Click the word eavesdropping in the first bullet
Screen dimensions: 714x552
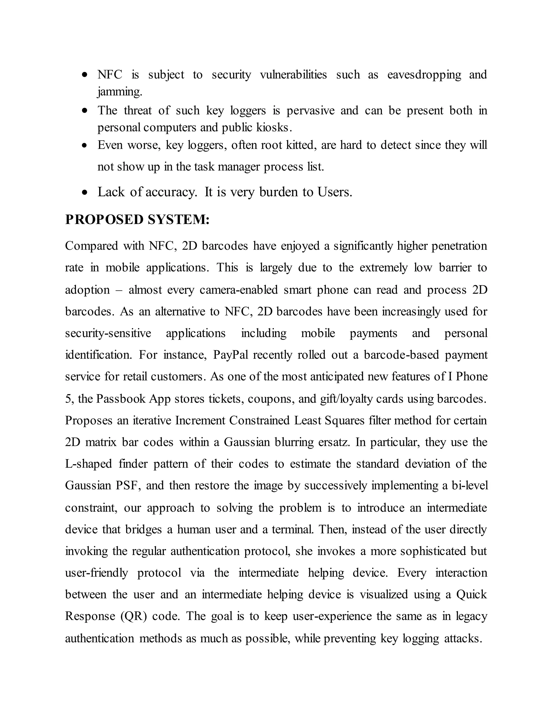pos(424,75)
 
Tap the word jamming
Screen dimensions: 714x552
pos(119,92)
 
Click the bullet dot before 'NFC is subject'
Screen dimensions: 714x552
pos(85,75)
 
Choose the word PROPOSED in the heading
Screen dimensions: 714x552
pos(104,219)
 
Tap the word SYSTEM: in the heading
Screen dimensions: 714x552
pos(178,219)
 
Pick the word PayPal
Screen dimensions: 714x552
pos(231,355)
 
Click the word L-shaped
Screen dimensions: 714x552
pos(89,464)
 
